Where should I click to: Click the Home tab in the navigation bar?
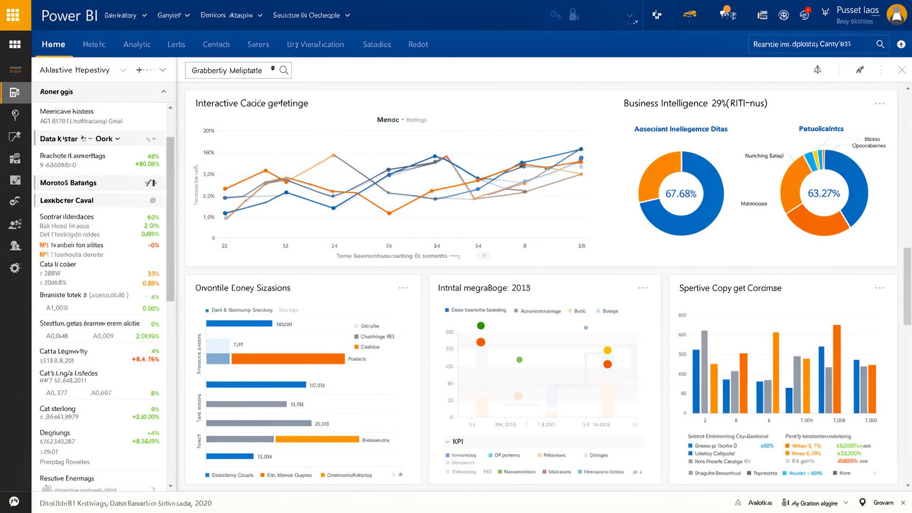[53, 44]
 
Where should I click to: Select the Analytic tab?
[137, 44]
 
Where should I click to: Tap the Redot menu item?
[418, 44]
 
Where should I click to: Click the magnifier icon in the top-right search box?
[880, 44]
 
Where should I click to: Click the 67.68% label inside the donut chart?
[681, 194]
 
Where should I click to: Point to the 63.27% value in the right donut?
[824, 193]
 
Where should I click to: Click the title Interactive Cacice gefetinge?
[252, 103]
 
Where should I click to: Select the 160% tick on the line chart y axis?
[209, 152]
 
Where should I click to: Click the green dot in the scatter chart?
[481, 325]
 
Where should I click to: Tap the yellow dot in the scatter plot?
[607, 351]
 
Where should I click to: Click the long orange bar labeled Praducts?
[288, 359]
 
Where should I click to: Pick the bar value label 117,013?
[317, 385]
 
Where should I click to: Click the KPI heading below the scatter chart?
[457, 441]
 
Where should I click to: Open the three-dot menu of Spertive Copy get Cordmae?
[879, 288]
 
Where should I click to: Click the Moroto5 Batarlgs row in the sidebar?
[68, 183]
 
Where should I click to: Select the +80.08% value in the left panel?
[147, 164]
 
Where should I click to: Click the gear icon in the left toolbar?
[15, 268]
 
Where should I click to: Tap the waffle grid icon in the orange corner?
[13, 15]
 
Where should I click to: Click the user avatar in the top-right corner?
[896, 15]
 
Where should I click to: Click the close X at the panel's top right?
[902, 70]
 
